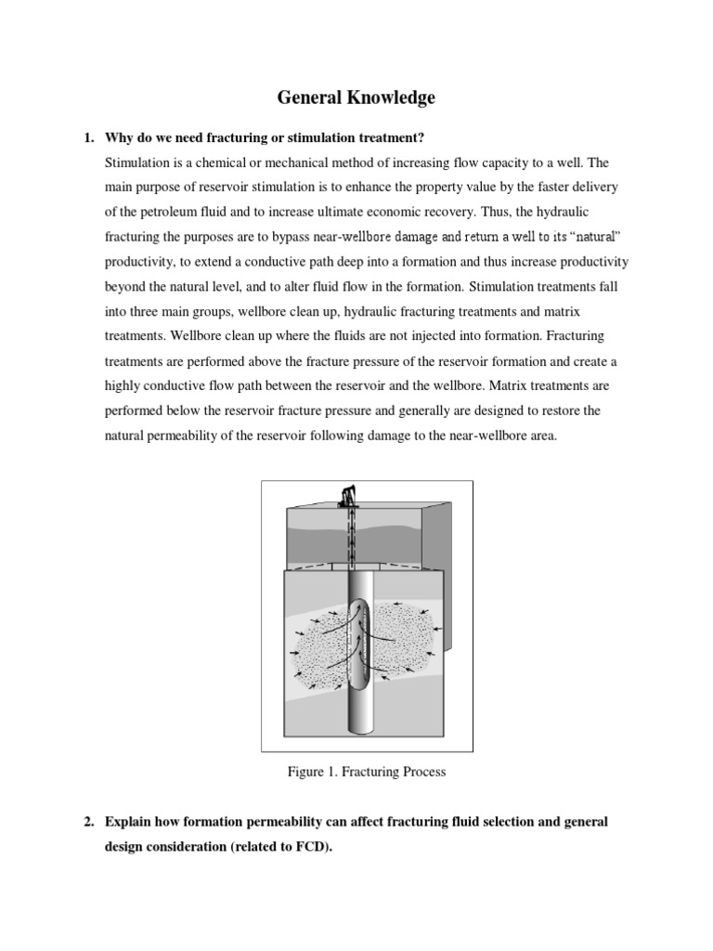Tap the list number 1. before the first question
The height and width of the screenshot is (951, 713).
pyautogui.click(x=88, y=138)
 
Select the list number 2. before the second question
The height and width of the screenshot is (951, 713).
pyautogui.click(x=88, y=823)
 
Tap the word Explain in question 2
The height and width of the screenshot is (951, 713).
pyautogui.click(x=129, y=823)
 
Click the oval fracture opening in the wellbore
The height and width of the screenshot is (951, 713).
pyautogui.click(x=359, y=642)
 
